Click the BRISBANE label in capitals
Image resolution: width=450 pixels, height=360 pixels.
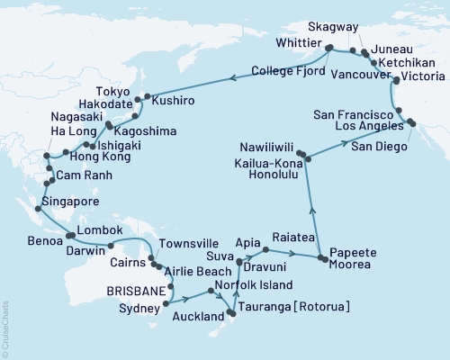(x=136, y=291)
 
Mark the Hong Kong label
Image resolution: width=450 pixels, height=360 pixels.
(x=70, y=157)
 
